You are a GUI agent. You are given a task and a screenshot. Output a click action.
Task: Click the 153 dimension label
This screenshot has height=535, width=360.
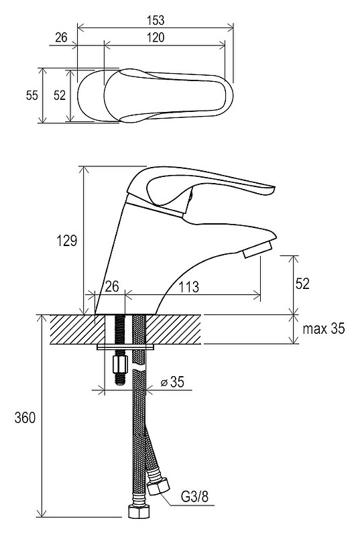156,20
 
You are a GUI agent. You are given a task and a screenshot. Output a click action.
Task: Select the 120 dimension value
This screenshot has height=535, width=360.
156,37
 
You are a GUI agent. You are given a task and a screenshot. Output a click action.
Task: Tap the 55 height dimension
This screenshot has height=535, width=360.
32,95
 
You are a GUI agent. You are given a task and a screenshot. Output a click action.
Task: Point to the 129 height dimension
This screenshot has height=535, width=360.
67,241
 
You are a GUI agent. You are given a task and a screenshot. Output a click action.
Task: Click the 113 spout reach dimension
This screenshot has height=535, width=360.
189,287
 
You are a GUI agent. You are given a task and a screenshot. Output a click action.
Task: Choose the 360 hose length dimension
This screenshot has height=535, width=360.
25,418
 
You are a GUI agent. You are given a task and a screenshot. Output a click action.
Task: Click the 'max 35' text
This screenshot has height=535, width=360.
324,329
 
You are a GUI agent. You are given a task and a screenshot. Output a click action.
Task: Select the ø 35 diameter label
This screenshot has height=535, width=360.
172,381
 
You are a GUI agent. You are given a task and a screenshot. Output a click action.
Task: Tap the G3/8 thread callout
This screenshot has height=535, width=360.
194,497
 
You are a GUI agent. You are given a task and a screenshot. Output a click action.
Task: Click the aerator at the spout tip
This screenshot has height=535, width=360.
257,249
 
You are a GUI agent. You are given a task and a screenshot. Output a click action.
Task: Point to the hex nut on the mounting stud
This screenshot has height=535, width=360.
119,364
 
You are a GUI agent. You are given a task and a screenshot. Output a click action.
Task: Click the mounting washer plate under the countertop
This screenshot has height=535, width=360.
125,347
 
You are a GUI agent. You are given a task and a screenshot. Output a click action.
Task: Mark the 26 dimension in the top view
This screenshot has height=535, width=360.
62,37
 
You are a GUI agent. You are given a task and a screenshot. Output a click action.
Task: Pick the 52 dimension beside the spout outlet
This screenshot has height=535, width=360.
302,283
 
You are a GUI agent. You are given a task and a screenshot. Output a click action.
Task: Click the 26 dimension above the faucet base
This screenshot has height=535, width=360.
112,286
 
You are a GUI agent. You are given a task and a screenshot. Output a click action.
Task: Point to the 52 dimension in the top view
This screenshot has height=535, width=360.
60,95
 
